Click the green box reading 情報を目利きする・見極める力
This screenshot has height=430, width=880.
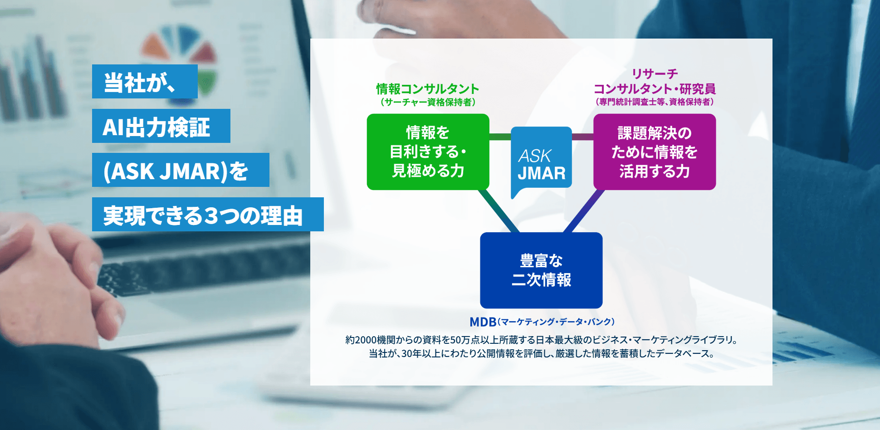tap(428, 151)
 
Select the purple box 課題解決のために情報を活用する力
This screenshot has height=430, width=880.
tap(654, 151)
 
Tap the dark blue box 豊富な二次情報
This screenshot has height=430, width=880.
tap(541, 270)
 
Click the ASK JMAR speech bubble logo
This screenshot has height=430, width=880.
tap(541, 159)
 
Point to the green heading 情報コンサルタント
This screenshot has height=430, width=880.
tap(427, 89)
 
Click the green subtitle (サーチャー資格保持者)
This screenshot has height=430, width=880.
tap(427, 102)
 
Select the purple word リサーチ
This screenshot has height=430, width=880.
tap(655, 73)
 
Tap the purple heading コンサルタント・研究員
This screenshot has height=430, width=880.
tap(655, 89)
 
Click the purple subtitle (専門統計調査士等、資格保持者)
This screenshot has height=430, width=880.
tap(655, 102)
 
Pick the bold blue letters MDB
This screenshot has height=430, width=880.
tap(483, 322)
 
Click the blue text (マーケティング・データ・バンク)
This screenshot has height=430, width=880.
tap(556, 322)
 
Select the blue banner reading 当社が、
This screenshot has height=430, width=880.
tap(145, 82)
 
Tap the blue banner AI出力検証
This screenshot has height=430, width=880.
tap(161, 126)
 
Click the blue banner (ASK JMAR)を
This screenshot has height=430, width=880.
tap(181, 170)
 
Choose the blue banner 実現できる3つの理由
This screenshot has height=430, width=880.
tap(208, 215)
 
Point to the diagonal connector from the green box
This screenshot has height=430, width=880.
tap(499, 211)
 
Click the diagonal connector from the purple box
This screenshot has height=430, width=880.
tap(584, 211)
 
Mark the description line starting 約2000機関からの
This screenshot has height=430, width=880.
tap(541, 340)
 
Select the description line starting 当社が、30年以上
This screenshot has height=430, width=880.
tap(541, 353)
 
